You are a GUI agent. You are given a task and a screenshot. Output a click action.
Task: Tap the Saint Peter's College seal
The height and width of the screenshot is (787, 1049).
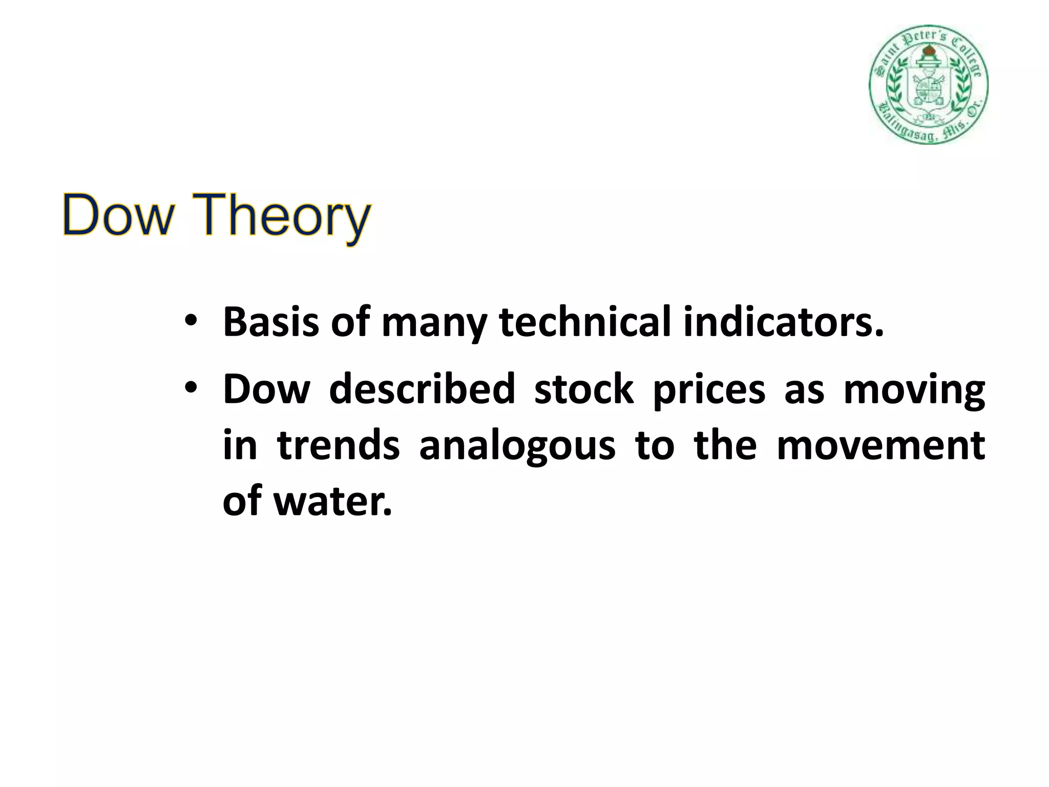928,85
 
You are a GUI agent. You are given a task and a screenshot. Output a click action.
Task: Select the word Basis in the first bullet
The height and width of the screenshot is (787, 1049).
271,322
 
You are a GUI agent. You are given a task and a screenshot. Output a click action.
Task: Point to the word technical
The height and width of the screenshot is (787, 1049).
584,322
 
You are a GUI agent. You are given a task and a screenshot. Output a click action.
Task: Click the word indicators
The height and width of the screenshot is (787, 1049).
784,322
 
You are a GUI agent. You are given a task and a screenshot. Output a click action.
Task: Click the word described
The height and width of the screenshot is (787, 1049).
422,388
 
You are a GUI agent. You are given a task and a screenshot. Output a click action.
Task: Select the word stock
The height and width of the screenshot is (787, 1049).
584,388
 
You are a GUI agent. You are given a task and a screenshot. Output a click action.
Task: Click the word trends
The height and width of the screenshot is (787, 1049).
338,445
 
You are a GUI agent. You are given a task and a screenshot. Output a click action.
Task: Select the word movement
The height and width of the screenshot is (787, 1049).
880,445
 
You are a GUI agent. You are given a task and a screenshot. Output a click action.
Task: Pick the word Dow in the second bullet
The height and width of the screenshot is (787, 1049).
266,388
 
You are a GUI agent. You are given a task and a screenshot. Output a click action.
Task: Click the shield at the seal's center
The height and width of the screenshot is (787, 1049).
928,87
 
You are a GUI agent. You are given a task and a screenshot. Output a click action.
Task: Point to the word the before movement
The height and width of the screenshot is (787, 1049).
725,445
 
